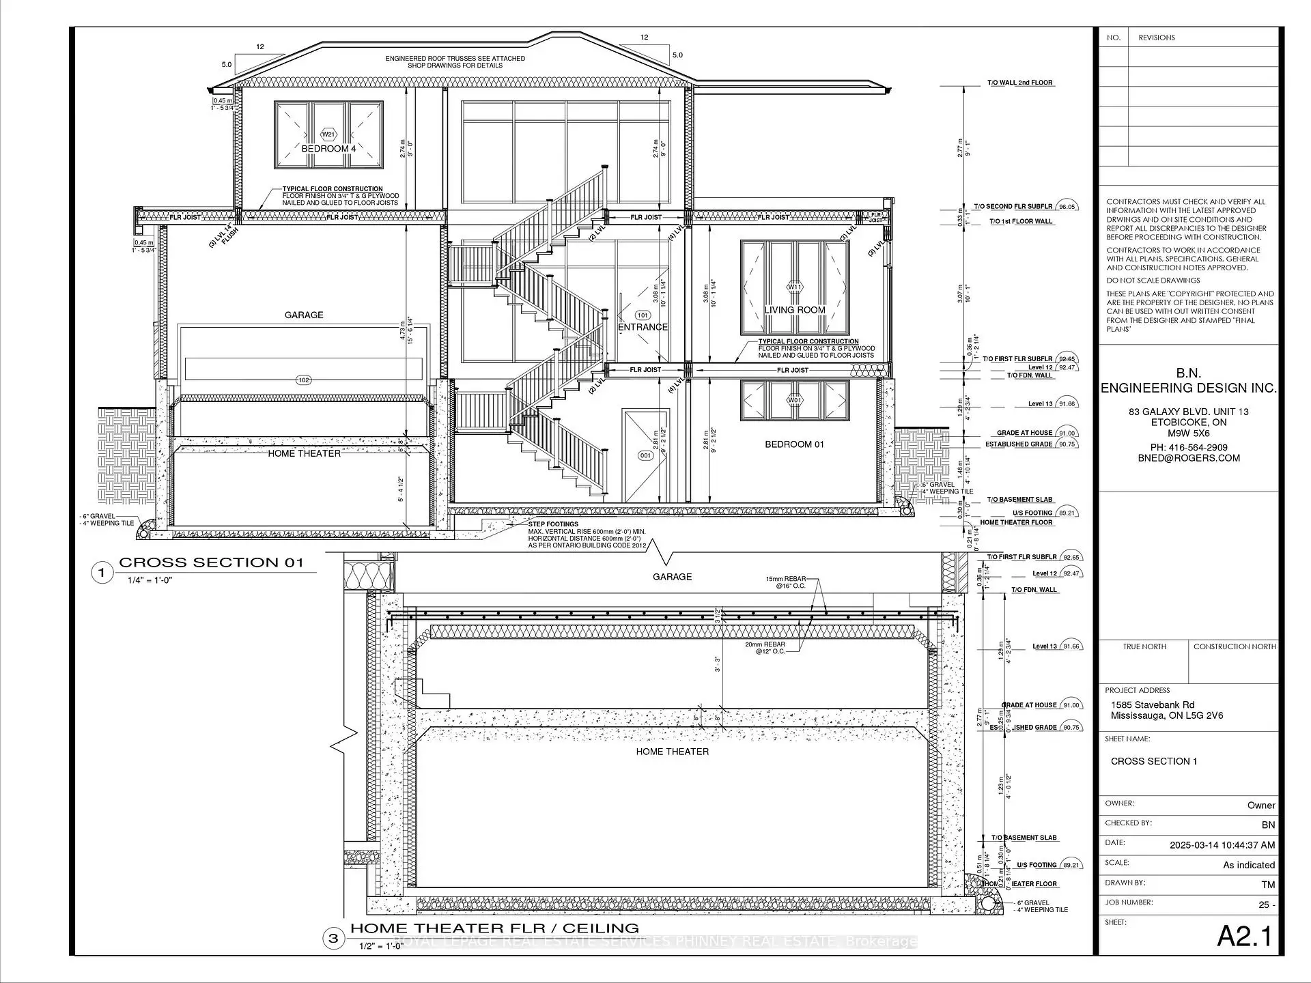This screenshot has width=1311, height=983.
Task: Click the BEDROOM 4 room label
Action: point(328,149)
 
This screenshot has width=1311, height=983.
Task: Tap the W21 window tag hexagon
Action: point(328,134)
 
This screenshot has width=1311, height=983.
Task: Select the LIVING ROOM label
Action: point(794,310)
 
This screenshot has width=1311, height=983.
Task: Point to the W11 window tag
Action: point(794,287)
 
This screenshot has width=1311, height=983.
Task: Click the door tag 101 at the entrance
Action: point(643,315)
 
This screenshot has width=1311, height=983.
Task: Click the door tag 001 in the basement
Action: point(645,455)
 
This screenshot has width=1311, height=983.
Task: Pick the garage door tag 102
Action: point(304,380)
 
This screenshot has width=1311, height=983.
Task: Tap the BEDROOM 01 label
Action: point(794,444)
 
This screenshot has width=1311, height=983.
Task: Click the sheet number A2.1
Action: point(1244,937)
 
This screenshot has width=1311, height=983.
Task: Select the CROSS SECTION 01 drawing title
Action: point(210,562)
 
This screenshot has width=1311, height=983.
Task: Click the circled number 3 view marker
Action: point(333,938)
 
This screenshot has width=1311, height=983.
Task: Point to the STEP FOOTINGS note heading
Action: point(553,524)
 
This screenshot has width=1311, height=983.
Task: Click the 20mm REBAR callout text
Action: point(765,644)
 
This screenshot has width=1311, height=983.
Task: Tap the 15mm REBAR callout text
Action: point(785,579)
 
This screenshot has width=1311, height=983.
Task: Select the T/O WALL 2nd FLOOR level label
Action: point(1020,83)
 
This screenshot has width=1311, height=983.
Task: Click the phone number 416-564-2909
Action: point(1188,448)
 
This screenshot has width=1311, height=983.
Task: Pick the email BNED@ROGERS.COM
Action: point(1188,458)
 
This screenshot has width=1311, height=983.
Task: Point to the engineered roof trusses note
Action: point(455,62)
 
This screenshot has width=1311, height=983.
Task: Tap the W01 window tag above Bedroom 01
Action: point(794,400)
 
